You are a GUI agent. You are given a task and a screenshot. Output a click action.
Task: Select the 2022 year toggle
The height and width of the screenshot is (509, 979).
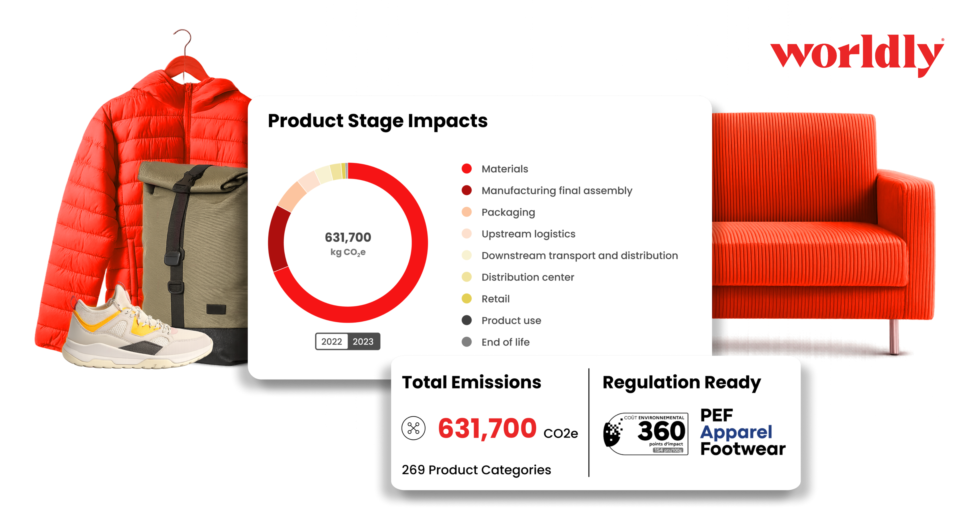[331, 341]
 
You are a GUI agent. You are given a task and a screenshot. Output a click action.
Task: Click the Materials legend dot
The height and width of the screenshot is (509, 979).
[467, 169]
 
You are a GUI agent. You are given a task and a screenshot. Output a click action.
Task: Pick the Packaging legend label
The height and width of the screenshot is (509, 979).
[508, 212]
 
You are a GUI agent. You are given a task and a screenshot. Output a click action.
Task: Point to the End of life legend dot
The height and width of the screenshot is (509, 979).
[467, 342]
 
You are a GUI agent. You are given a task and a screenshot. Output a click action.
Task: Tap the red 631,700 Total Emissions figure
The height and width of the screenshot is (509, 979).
[487, 428]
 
